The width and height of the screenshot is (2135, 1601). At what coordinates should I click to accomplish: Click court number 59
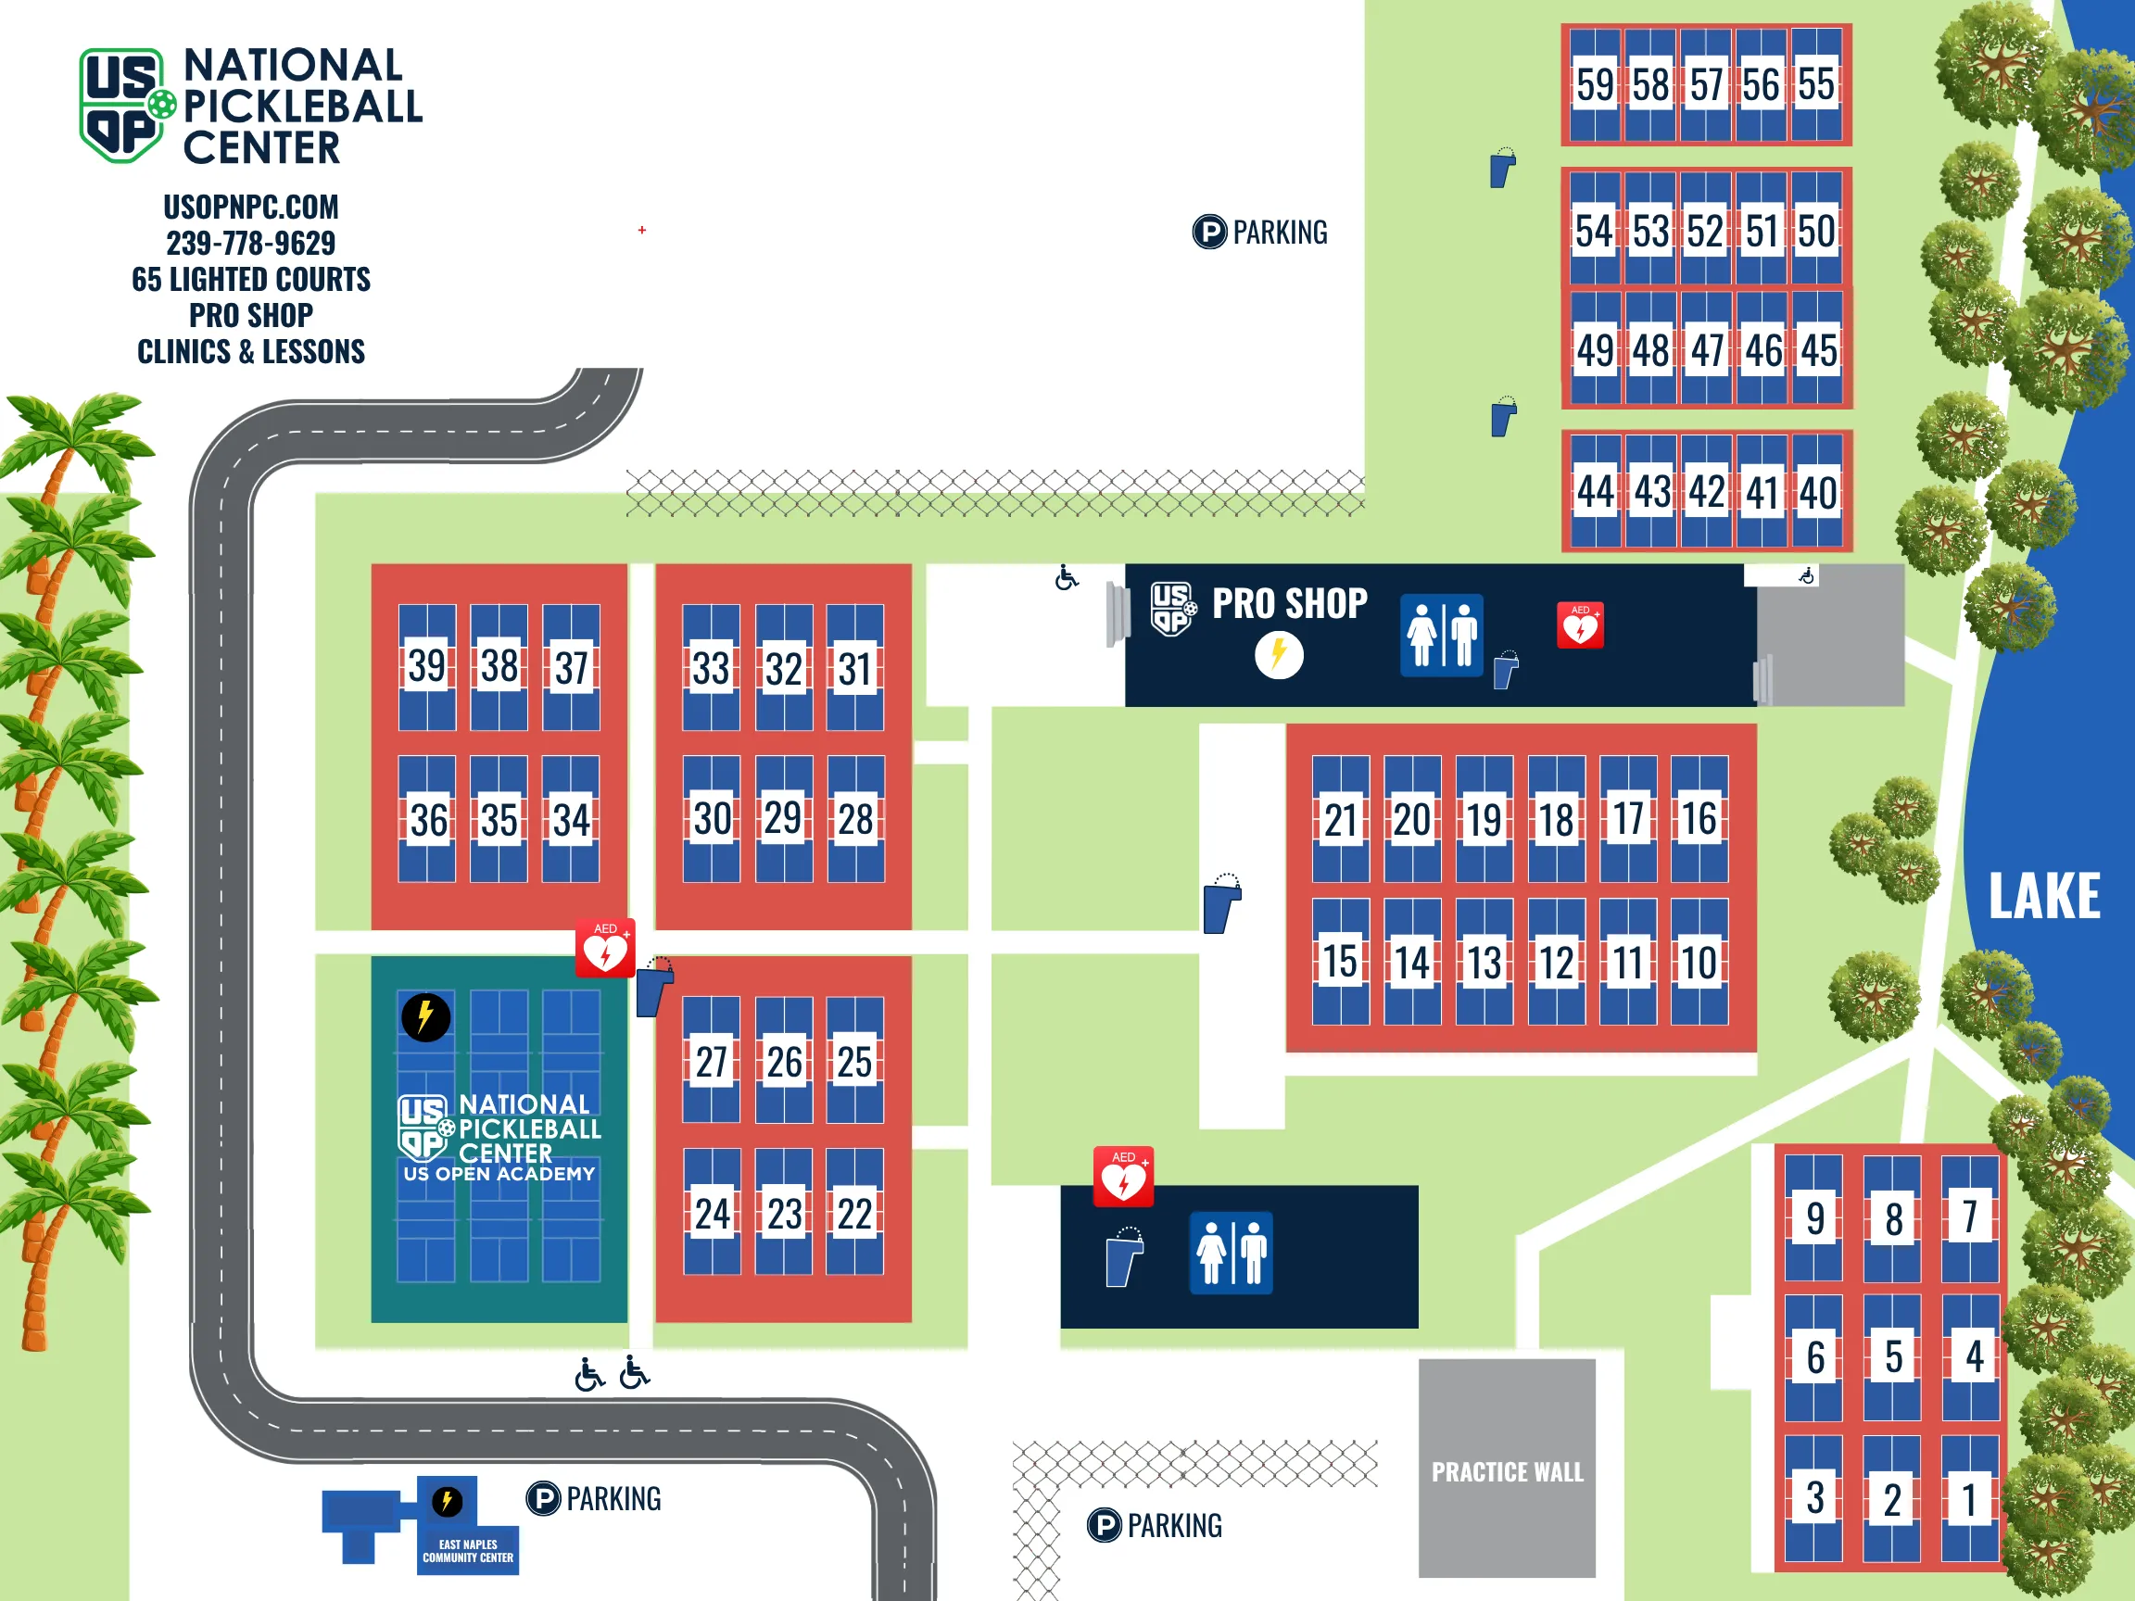[1595, 85]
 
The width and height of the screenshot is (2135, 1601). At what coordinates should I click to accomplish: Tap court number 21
[1340, 820]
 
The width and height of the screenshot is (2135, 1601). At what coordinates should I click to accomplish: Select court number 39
[426, 666]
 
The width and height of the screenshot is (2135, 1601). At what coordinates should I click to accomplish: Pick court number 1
[1969, 1500]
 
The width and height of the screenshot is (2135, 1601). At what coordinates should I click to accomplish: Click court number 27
[712, 1062]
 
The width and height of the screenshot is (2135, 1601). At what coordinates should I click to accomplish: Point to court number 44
[1596, 492]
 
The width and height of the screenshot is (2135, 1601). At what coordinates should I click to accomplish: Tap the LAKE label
[2043, 897]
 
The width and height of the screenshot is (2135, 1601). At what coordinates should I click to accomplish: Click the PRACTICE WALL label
[1507, 1471]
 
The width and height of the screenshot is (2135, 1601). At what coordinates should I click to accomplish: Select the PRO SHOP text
[1290, 604]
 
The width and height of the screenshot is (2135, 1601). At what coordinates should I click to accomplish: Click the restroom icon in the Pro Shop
[1441, 635]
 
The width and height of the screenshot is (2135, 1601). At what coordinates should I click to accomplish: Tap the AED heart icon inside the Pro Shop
[1580, 625]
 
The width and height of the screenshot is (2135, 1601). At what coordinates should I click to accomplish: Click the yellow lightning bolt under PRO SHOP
[1279, 655]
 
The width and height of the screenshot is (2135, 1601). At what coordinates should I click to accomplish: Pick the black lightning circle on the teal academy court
[425, 1017]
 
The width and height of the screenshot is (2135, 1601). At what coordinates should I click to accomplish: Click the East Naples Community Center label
[468, 1551]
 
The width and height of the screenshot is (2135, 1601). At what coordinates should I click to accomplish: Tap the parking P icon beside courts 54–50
[1209, 233]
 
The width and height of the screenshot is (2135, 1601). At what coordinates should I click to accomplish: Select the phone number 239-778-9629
[251, 243]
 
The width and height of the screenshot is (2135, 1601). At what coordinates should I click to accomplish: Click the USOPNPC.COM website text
[251, 207]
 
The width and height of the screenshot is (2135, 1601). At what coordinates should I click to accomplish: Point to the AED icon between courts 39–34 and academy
[605, 949]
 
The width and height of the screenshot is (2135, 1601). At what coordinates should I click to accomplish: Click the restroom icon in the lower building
[1231, 1253]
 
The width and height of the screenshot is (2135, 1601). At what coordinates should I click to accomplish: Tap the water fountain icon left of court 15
[1221, 904]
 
